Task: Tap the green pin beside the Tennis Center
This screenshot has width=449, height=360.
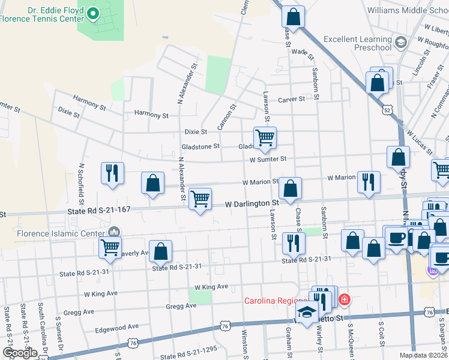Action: [x=92, y=13]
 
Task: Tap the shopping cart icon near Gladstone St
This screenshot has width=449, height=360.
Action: [x=265, y=137]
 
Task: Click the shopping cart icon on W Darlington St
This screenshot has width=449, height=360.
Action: [x=200, y=199]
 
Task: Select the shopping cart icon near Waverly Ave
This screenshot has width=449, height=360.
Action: [x=110, y=247]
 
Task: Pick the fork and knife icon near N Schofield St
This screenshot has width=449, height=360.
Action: [x=112, y=173]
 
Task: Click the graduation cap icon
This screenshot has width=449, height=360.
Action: [x=307, y=312]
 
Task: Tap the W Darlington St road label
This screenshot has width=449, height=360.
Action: [x=252, y=204]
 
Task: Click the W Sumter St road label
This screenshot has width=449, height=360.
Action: [x=268, y=159]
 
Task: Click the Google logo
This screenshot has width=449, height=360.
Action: [x=19, y=353]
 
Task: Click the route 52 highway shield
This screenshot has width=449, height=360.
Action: [x=387, y=110]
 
